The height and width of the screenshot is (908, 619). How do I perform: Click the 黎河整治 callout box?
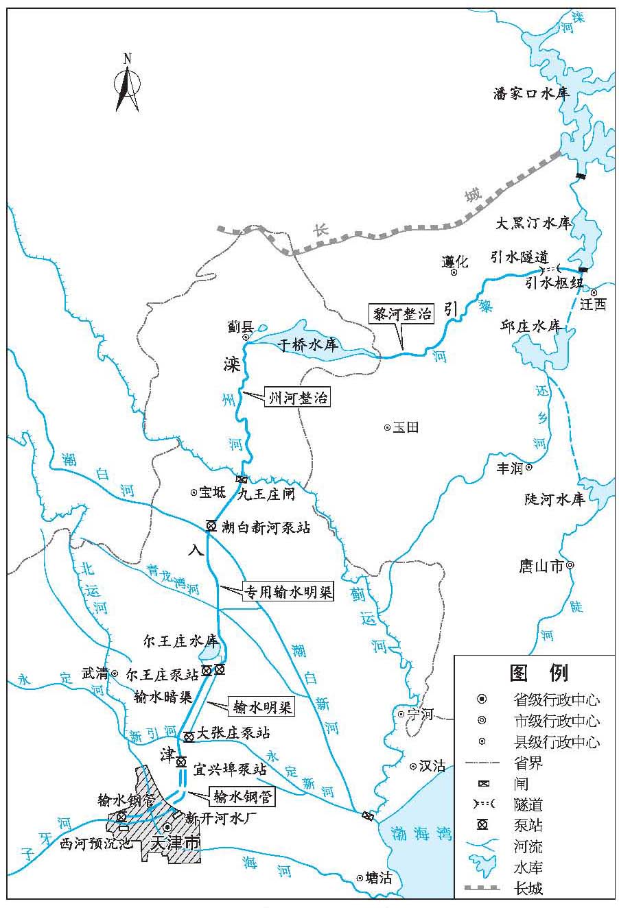[401, 314]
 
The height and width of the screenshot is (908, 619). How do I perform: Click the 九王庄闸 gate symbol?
[241, 479]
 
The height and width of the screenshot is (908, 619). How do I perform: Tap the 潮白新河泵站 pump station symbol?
[211, 526]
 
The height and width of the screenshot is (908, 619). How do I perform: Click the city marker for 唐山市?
[570, 566]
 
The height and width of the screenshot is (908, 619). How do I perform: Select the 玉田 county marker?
[387, 427]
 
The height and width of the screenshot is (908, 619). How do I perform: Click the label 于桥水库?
[308, 344]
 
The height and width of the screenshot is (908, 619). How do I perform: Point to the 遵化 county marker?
[454, 272]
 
